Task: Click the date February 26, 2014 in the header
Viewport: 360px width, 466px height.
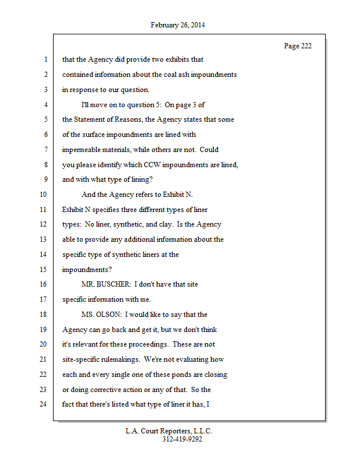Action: pos(178,25)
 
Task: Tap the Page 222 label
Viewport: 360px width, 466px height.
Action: pos(298,46)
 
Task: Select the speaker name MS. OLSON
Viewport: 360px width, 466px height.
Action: pos(102,315)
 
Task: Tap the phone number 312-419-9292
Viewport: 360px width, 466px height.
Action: pos(182,439)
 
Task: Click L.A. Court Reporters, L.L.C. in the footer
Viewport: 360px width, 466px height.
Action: pos(169,431)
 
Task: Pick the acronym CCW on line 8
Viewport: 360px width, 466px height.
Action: pos(152,164)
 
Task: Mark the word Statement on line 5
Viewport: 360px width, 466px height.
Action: pos(93,119)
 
